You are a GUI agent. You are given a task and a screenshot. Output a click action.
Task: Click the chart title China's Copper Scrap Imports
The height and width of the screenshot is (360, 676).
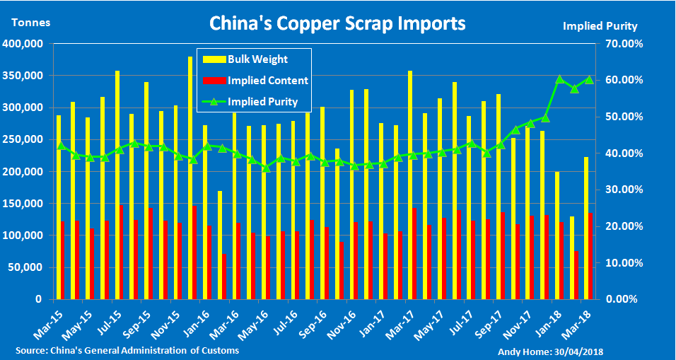337,23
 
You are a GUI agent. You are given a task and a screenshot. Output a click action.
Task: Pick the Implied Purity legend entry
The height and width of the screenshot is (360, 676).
262,102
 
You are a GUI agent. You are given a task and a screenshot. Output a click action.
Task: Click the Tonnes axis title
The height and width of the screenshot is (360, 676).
30,22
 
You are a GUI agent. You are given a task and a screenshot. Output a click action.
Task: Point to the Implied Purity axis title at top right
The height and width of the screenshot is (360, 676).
600,26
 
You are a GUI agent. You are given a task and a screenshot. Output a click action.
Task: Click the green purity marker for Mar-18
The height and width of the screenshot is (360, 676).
588,79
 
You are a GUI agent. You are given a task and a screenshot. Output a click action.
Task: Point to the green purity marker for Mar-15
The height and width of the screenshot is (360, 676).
60,146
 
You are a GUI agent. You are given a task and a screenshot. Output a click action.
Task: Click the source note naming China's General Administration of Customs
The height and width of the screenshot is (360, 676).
127,351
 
